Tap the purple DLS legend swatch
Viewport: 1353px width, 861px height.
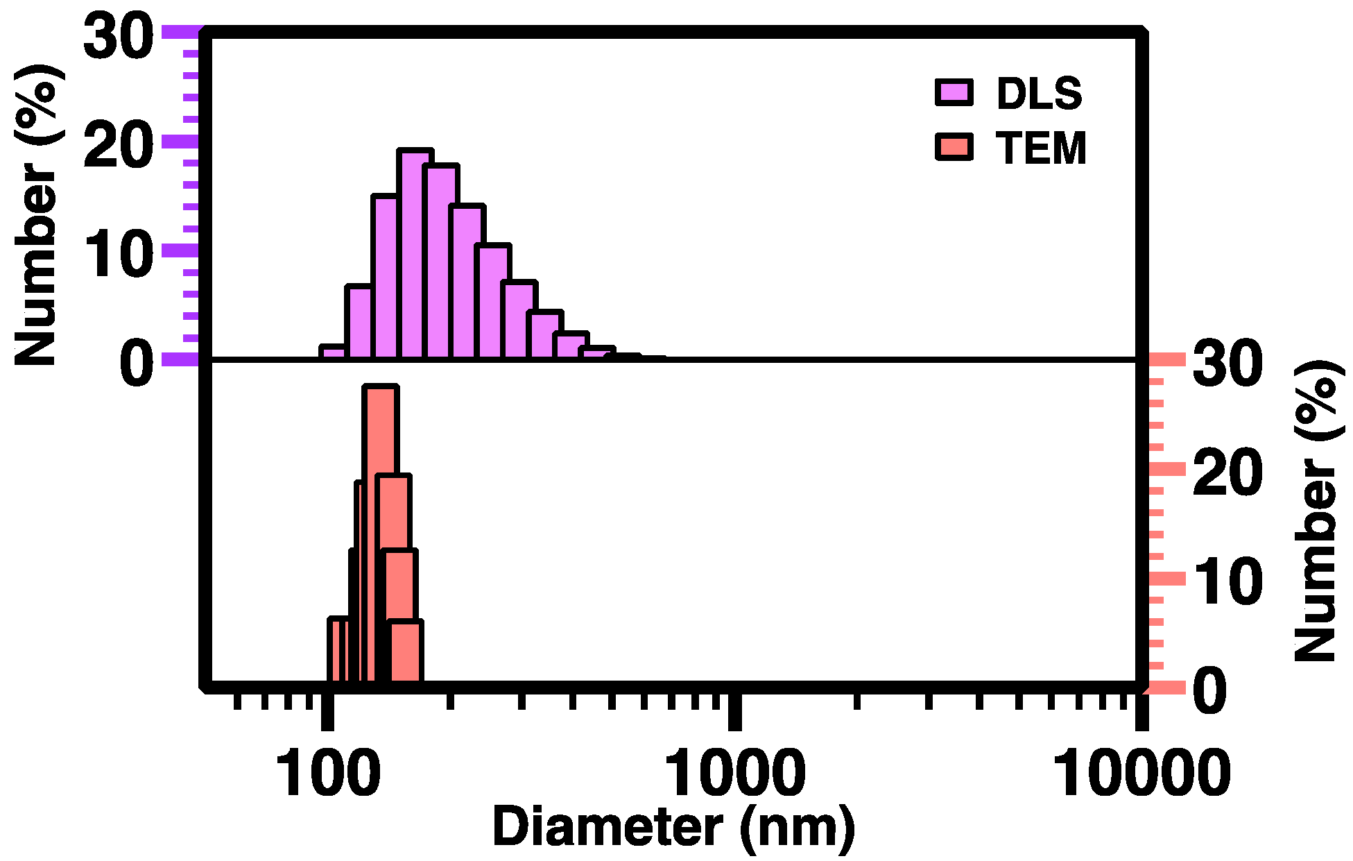click(954, 92)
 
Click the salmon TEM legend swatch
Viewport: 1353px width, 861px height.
click(954, 146)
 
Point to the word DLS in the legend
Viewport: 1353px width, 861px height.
click(1039, 94)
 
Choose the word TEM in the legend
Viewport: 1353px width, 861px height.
click(1041, 148)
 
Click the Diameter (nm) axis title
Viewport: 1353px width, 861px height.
click(673, 827)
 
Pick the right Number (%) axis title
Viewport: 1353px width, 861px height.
click(1315, 511)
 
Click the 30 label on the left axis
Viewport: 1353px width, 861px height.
click(118, 36)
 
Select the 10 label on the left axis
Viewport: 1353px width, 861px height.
click(118, 255)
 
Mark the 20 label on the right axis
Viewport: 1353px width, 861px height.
click(1226, 473)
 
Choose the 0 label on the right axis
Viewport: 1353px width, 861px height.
click(1211, 690)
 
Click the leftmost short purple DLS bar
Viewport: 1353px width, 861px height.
click(333, 352)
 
